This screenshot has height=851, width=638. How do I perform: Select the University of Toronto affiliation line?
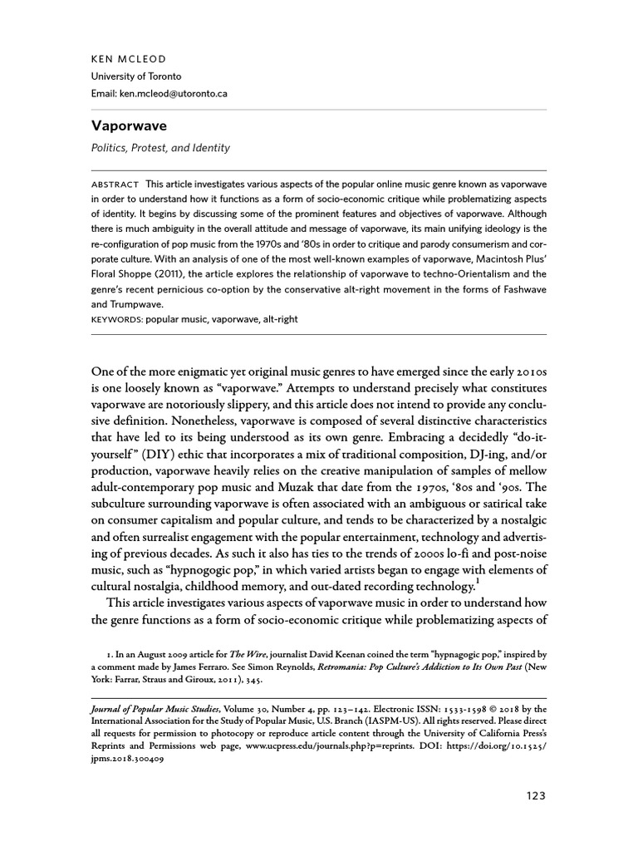136,77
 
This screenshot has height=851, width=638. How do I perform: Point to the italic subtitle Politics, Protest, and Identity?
161,148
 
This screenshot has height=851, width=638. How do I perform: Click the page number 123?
535,795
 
